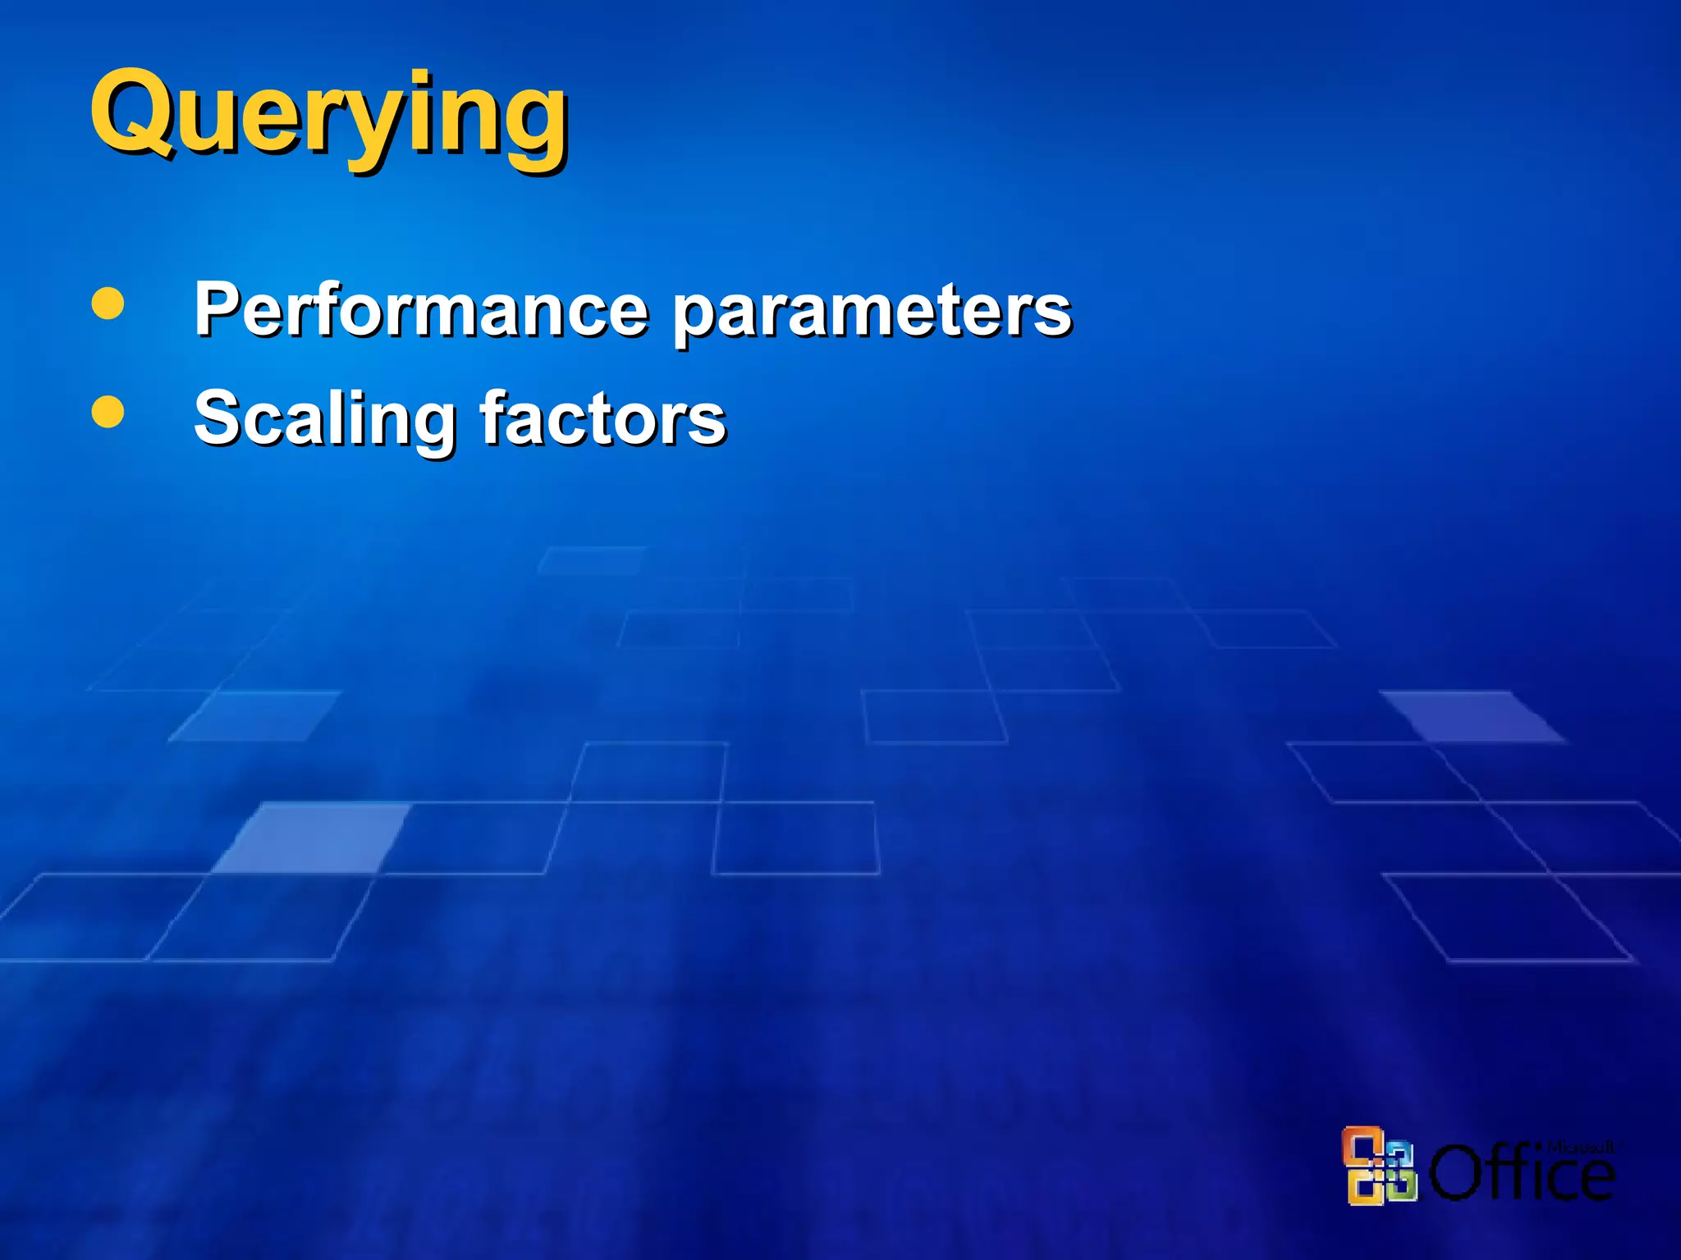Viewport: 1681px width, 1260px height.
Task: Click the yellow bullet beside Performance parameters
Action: click(108, 303)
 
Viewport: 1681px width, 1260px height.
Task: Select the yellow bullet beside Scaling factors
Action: click(108, 412)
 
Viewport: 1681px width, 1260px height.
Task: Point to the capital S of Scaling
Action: click(215, 418)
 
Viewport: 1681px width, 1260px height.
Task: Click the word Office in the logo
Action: click(1523, 1173)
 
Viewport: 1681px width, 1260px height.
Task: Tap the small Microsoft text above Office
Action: click(1581, 1147)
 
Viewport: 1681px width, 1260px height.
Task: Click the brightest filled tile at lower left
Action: click(312, 837)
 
